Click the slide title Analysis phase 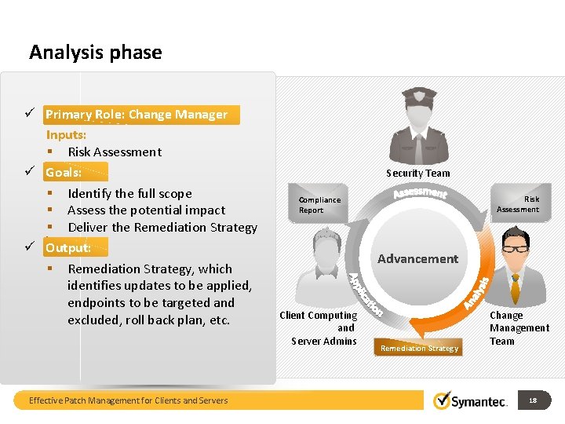click(x=95, y=53)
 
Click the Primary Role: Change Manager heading click(x=137, y=115)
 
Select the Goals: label click(x=64, y=172)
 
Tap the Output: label click(x=67, y=248)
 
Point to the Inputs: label click(x=66, y=135)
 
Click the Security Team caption click(x=418, y=173)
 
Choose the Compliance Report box click(x=319, y=205)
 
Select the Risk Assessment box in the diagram click(x=519, y=204)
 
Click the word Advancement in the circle click(x=417, y=258)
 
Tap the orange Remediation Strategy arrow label click(x=419, y=348)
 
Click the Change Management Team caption click(x=519, y=328)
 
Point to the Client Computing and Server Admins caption click(x=324, y=328)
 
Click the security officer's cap click(x=418, y=97)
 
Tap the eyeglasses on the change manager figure click(x=516, y=247)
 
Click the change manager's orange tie click(x=516, y=287)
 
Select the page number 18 click(x=533, y=400)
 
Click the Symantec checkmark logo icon click(x=443, y=400)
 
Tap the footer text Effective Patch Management click(x=129, y=400)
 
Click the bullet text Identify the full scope click(x=129, y=193)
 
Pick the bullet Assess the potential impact click(x=146, y=210)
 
